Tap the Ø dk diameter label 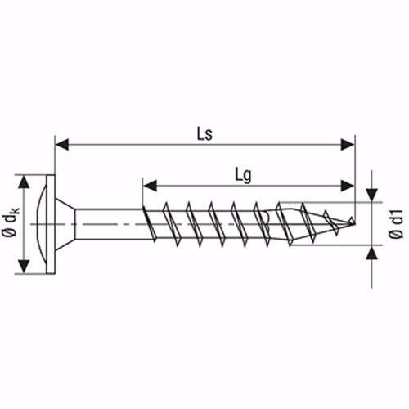[11, 222]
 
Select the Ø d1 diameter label [395, 222]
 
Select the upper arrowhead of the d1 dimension [373, 196]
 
